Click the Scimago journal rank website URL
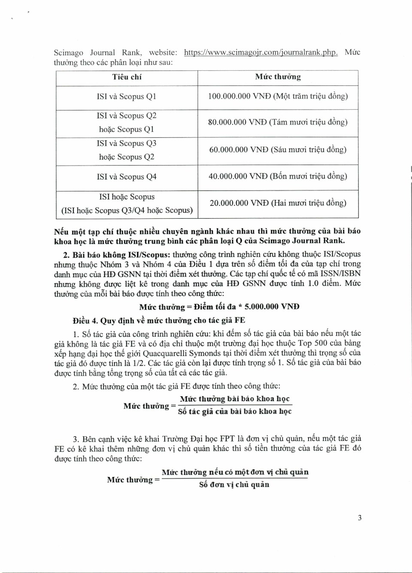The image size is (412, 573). point(261,53)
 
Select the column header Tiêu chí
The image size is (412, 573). point(127,77)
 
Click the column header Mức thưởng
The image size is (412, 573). point(278,77)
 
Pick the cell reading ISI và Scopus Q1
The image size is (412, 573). point(127,97)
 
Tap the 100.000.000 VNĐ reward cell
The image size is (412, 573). point(278,97)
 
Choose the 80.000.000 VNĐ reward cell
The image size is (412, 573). point(278,122)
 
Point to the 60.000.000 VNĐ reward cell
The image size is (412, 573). point(278,150)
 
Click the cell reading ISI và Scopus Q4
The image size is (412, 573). point(127,177)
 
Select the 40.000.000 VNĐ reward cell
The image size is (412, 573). point(278,176)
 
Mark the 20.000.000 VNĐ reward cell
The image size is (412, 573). point(278,203)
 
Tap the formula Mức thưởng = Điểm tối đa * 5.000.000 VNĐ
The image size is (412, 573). point(219,307)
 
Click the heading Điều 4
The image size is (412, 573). point(159,321)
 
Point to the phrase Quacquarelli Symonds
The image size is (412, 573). point(177,353)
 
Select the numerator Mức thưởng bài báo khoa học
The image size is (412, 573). point(235,399)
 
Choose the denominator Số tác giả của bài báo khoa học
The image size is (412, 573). point(235,412)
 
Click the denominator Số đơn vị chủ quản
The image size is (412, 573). point(234,485)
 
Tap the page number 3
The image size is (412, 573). point(360,518)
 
